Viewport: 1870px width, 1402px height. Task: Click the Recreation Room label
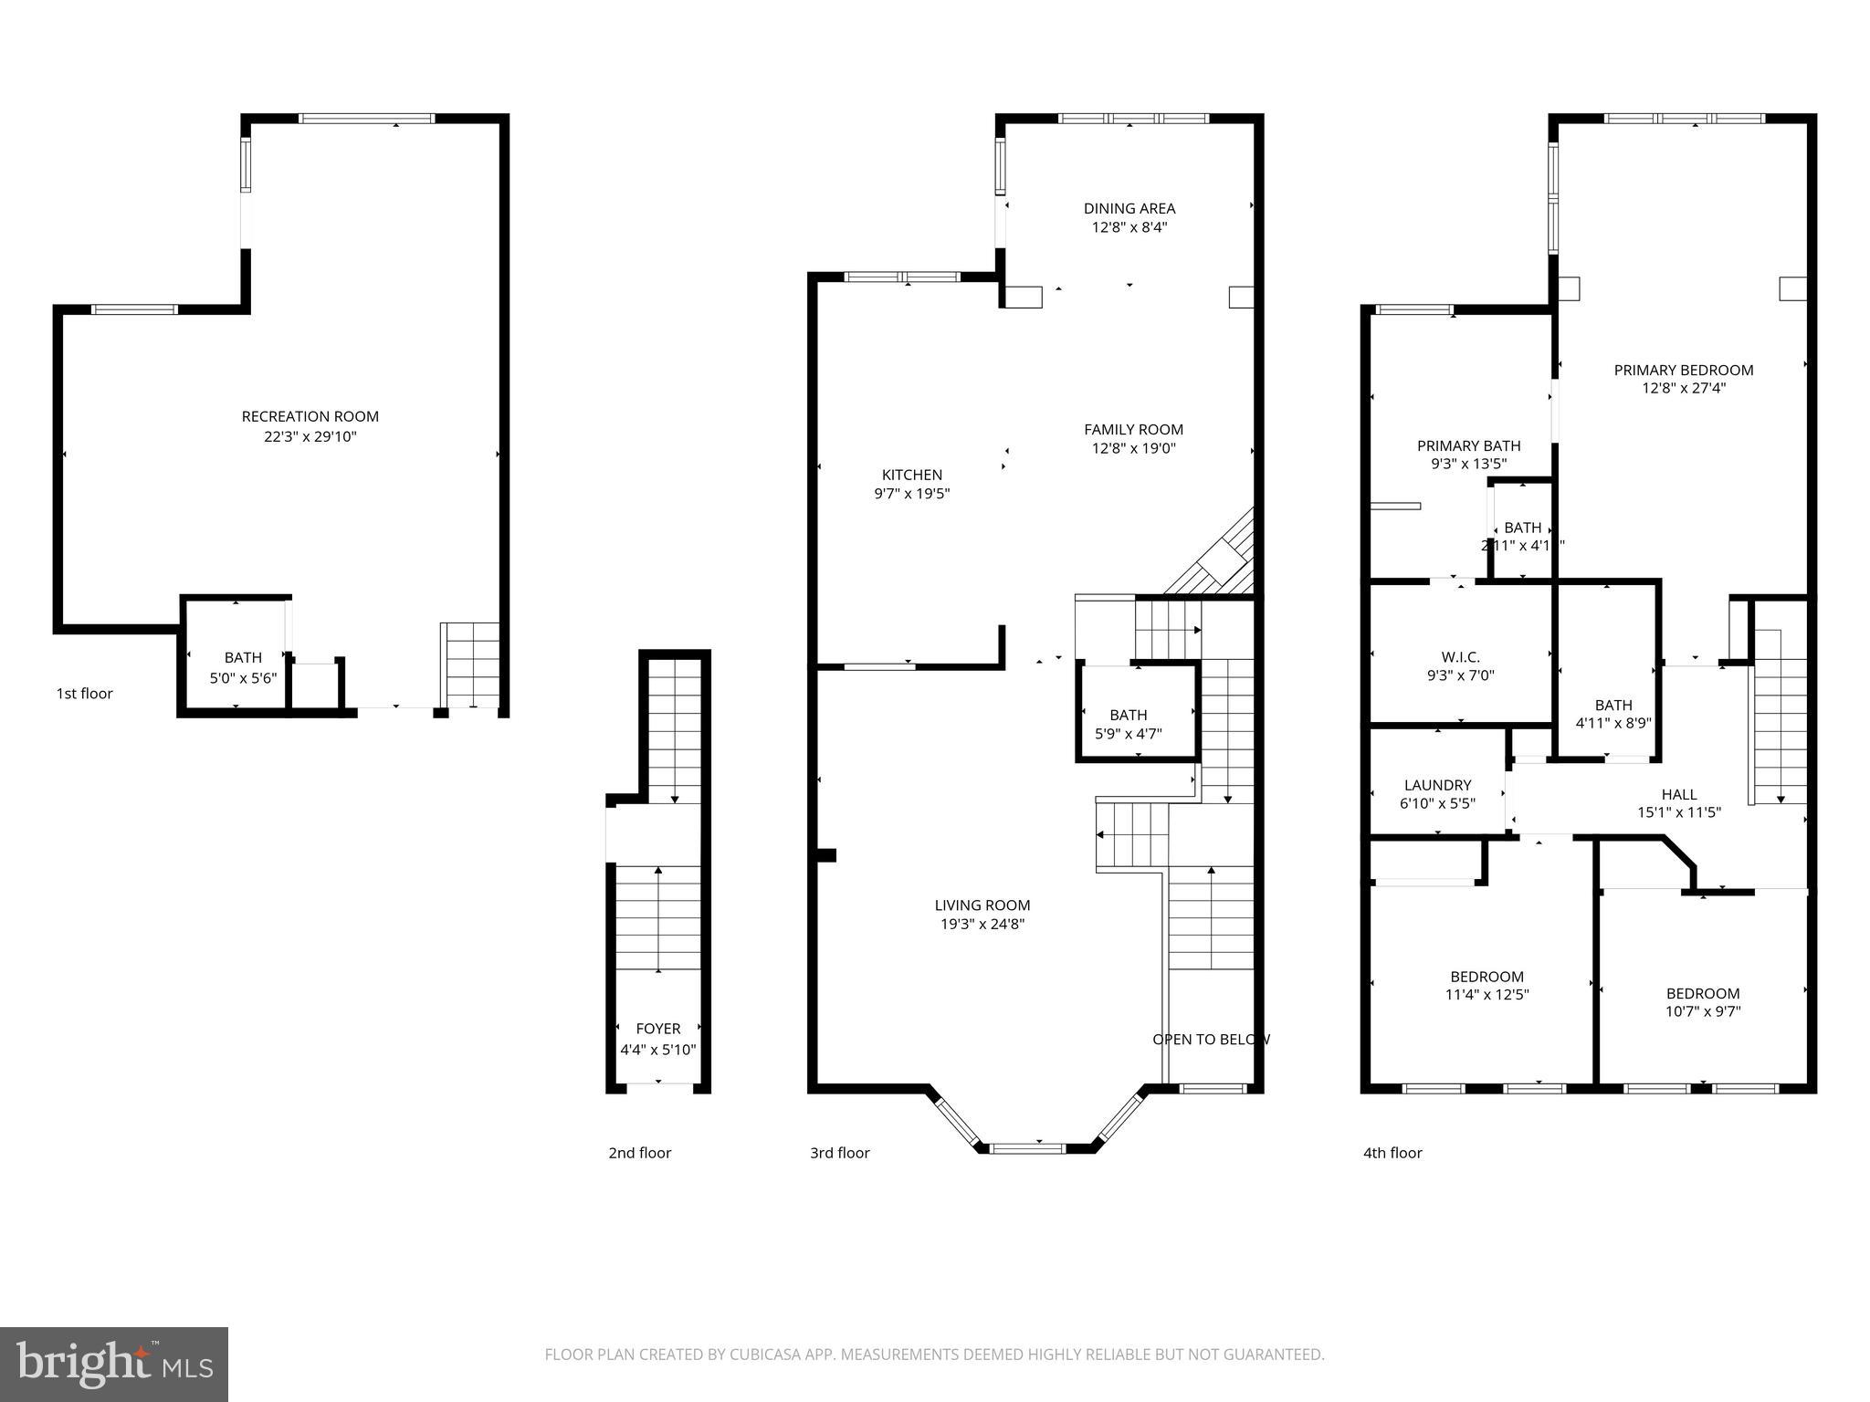(x=310, y=416)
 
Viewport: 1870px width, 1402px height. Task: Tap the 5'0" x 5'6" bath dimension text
(x=243, y=678)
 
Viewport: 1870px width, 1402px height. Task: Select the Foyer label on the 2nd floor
(x=657, y=1029)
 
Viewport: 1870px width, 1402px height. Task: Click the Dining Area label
(x=1129, y=208)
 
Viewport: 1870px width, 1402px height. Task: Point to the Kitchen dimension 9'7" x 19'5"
(x=912, y=494)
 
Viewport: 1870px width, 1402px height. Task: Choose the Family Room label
(x=1133, y=429)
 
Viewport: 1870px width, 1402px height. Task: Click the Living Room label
(x=982, y=905)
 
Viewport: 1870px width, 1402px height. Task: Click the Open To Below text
(x=1211, y=1039)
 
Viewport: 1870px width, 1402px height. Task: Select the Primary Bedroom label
(x=1683, y=370)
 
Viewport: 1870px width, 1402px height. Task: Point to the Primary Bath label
(x=1468, y=445)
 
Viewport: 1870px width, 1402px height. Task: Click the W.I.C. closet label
(x=1460, y=656)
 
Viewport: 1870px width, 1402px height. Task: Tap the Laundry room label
(x=1437, y=785)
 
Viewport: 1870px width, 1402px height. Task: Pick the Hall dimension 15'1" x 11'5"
(x=1678, y=812)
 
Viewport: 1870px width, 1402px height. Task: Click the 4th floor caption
(x=1392, y=1153)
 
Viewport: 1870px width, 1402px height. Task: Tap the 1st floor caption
(x=85, y=694)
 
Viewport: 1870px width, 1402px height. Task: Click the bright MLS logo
(x=113, y=1364)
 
